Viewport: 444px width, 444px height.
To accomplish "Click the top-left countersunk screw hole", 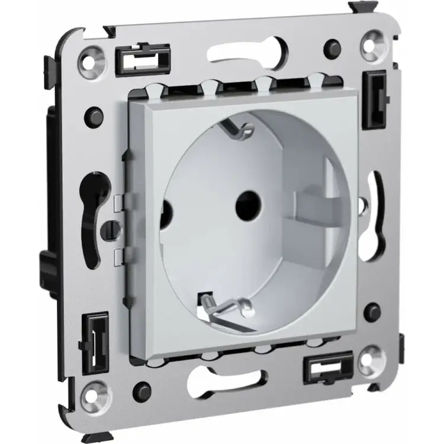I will pyautogui.click(x=95, y=58).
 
